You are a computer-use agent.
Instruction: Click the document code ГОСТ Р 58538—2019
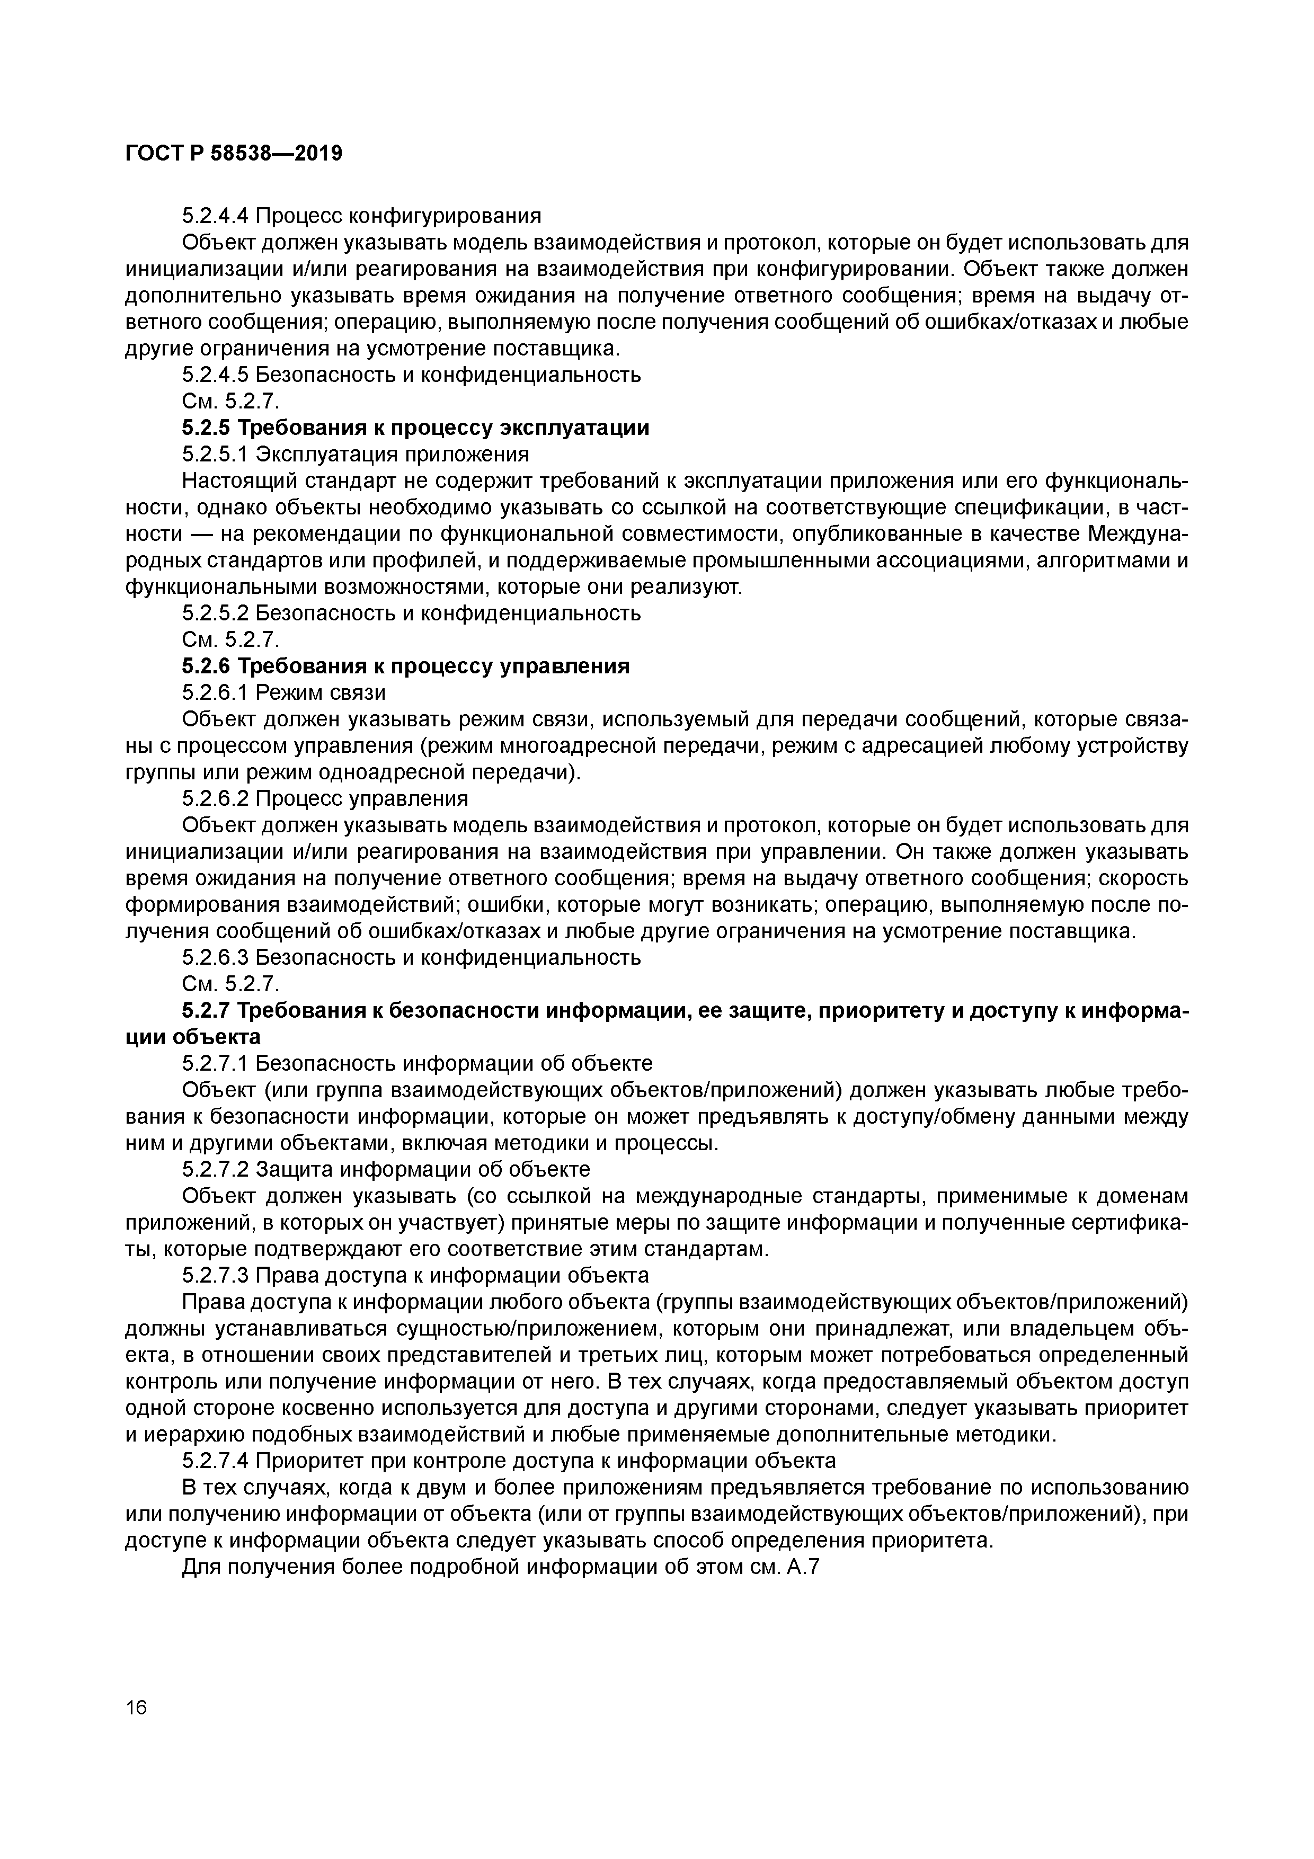tap(234, 153)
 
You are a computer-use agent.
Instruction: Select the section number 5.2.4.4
tap(215, 216)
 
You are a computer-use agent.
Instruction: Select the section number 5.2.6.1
tap(215, 693)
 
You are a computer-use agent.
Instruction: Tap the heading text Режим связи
tap(321, 693)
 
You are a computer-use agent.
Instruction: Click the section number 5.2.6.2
tap(215, 799)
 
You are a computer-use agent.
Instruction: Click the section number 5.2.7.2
tap(215, 1170)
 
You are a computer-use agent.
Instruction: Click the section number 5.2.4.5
tap(215, 375)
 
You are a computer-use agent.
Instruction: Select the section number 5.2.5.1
tap(215, 454)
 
